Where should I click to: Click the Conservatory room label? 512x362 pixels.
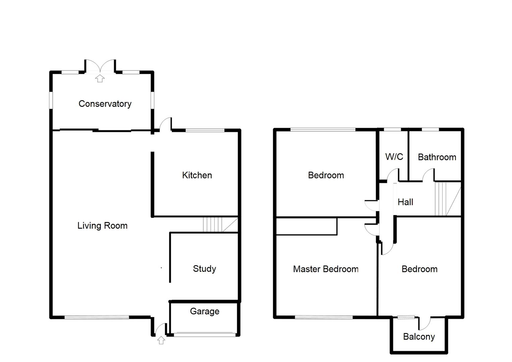[x=105, y=104]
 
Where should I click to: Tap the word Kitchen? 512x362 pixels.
[x=197, y=175]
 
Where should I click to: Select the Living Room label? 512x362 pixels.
[x=102, y=226]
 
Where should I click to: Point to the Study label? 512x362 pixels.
[x=204, y=269]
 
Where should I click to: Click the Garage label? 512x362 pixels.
[x=204, y=311]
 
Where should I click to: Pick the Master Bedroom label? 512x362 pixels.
[x=325, y=269]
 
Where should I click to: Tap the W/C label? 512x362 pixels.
[x=394, y=157]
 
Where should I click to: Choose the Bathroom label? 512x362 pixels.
[x=437, y=157]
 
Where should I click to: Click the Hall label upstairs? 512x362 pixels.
[x=405, y=202]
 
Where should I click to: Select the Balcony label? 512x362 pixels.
[x=419, y=337]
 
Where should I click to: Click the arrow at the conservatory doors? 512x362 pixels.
[x=100, y=79]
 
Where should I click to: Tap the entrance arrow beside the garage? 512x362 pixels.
[x=161, y=340]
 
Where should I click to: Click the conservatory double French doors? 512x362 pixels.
[x=100, y=66]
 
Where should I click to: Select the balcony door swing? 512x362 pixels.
[x=425, y=323]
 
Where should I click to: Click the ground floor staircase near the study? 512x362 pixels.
[x=220, y=225]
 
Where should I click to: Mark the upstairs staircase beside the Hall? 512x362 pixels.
[x=447, y=199]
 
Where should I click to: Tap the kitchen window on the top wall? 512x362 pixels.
[x=205, y=130]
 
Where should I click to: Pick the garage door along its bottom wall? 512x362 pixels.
[x=204, y=334]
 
